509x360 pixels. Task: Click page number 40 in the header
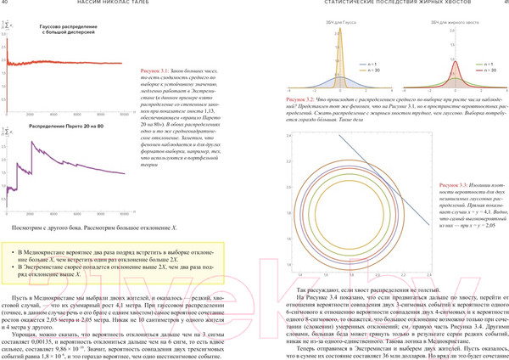pos(5,5)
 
